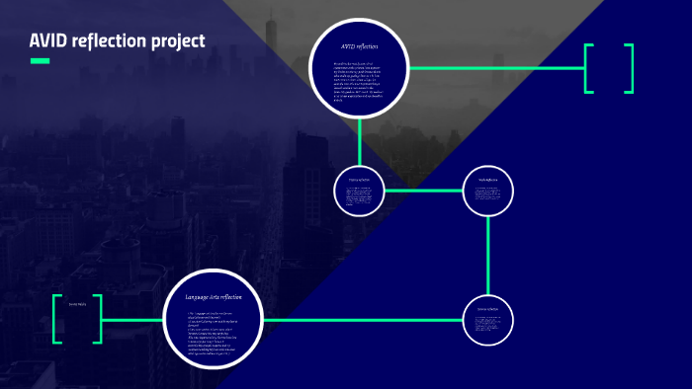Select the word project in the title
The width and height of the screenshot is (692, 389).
[174, 41]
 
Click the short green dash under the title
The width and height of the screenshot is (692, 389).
[40, 61]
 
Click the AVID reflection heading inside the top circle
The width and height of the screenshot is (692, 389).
[359, 46]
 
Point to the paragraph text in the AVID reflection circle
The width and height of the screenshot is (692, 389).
[359, 79]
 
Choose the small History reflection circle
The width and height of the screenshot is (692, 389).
[359, 191]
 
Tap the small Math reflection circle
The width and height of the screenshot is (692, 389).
[488, 191]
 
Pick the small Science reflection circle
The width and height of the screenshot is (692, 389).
[488, 320]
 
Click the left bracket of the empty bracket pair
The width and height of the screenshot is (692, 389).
[588, 68]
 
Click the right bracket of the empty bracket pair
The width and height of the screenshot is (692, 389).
[629, 68]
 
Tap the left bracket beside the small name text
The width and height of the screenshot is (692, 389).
[57, 319]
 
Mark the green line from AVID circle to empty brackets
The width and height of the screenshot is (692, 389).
[494, 68]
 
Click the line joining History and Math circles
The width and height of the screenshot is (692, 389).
[423, 191]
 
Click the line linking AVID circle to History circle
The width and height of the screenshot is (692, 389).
[359, 140]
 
